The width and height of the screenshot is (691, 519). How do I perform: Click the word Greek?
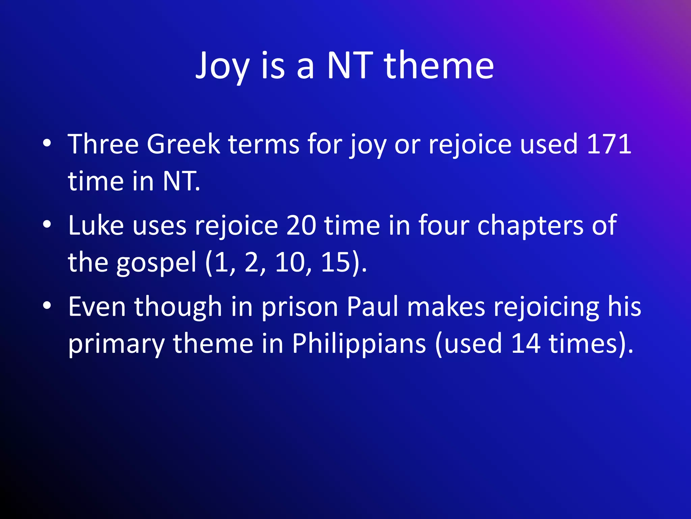click(183, 144)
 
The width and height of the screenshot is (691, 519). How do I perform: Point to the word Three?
click(103, 144)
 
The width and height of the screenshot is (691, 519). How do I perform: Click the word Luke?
click(96, 225)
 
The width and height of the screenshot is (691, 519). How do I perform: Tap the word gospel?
click(156, 263)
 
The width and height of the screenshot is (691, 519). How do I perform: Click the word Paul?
click(372, 306)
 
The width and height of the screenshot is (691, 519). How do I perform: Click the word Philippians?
click(359, 344)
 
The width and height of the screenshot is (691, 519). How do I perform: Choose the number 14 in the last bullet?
click(525, 343)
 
